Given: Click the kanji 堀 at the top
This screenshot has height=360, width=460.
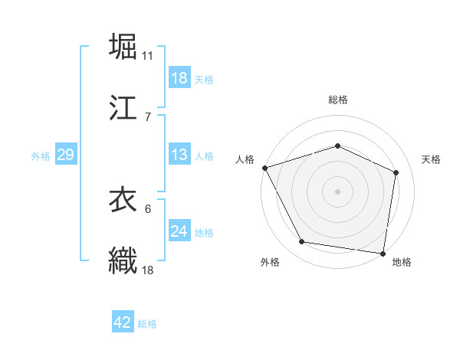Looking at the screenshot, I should [x=123, y=47].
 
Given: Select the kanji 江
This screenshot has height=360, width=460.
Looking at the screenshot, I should [x=123, y=107].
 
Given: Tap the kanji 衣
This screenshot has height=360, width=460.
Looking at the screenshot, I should [x=123, y=201].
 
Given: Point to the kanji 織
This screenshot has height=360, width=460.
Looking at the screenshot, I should [x=123, y=260].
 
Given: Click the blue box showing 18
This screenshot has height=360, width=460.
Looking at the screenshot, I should [x=179, y=78].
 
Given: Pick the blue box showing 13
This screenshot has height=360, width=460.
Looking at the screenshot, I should [x=179, y=155].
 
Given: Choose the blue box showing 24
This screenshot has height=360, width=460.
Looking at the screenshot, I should [x=179, y=231].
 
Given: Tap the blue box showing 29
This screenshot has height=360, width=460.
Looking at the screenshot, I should [x=65, y=155].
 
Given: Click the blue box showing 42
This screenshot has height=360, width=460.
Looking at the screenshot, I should [x=122, y=322].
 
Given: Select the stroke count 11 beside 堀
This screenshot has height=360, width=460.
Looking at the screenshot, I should [x=148, y=56].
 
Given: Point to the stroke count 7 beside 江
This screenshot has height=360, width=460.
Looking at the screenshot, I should [x=147, y=116].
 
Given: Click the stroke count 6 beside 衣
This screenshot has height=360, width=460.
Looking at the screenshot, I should [x=147, y=209].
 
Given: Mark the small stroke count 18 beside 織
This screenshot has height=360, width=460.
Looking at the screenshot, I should [x=148, y=270].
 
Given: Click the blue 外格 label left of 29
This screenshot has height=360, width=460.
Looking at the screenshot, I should [x=41, y=155].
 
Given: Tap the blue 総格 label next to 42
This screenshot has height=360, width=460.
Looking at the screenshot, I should [x=147, y=324].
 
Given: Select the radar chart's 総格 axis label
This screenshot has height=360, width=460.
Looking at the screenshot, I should [x=338, y=100].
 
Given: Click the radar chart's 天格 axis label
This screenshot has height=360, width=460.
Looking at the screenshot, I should [x=431, y=159].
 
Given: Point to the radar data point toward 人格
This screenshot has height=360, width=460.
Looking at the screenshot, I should [x=264, y=168].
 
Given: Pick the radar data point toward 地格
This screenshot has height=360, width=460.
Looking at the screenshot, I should [x=383, y=253].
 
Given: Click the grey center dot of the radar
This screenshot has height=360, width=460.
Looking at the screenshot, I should [x=337, y=191].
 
